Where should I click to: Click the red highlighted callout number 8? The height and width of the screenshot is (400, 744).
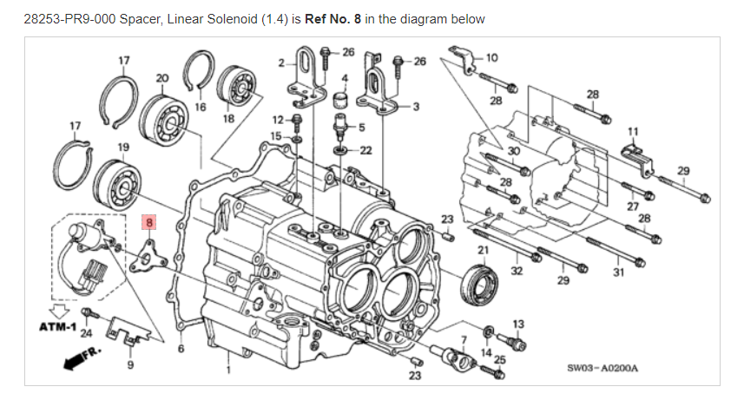point(149,222)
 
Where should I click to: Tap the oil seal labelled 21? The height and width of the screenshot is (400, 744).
point(480,285)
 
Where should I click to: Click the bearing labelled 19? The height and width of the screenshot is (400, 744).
point(116,185)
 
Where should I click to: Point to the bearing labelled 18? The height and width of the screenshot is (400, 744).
point(236,85)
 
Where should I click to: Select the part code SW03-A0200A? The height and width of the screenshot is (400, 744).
point(602,368)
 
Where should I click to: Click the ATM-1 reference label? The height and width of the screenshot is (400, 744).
point(57,327)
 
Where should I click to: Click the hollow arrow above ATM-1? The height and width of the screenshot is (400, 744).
point(60,311)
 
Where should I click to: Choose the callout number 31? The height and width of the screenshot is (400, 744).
point(618,272)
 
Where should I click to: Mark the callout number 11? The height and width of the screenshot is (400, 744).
point(633,131)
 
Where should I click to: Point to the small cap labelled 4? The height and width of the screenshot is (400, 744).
point(339,101)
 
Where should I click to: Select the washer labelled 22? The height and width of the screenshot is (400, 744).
point(339,150)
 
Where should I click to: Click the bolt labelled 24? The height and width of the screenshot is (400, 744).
point(89,313)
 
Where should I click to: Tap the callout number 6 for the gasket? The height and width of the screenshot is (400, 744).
point(181,349)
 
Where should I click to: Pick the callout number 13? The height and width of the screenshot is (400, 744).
point(518,325)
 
